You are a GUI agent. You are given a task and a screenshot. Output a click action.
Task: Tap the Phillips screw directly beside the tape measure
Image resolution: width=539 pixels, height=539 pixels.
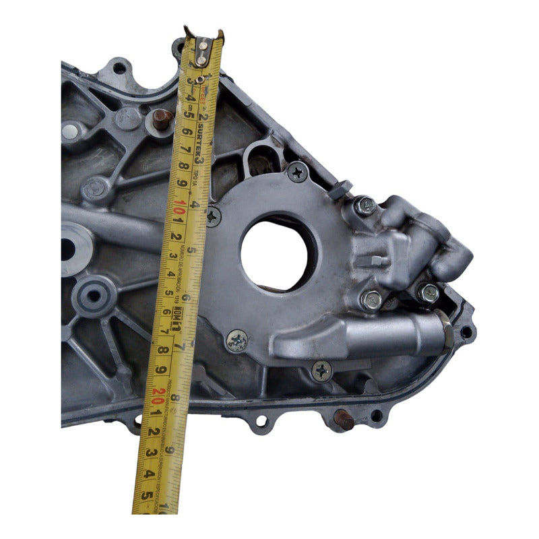pos(213,216)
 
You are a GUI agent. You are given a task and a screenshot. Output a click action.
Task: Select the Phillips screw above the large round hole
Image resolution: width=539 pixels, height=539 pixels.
pos(297,172)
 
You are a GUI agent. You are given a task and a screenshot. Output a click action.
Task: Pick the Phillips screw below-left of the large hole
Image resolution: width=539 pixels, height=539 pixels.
pos(236,341)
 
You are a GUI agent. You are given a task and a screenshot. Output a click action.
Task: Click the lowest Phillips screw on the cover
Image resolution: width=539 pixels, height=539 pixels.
pos(322,370)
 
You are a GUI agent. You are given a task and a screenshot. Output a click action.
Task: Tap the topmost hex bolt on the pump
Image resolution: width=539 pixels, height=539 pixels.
pos(364,205)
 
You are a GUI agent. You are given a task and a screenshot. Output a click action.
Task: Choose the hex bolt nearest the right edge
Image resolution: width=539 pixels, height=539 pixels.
pos(428,292)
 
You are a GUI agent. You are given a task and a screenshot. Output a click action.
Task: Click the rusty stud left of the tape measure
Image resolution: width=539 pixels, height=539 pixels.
pos(162,120)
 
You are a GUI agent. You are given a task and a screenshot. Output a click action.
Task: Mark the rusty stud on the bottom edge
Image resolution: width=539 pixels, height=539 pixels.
pos(344,419)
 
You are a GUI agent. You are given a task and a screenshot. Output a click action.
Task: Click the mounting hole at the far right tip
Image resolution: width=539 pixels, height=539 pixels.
pos(466,331)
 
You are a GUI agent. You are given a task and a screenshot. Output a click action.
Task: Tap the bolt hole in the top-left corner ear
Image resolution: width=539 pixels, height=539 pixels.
pos(119,67)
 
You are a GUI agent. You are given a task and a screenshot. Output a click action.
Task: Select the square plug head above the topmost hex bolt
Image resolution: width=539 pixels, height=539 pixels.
pos(340,189)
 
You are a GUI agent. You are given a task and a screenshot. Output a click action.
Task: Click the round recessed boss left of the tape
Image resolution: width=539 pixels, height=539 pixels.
pos(93,295)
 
